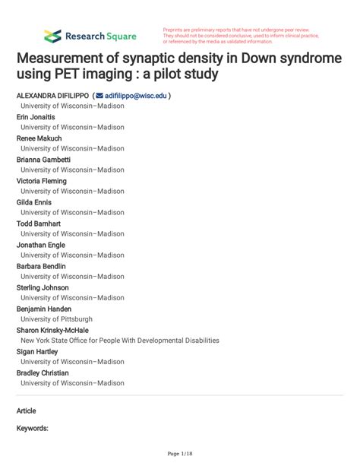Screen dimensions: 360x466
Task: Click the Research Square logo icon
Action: coord(52,36)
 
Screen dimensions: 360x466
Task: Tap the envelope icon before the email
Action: coord(99,97)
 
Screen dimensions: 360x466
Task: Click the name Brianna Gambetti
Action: coord(44,160)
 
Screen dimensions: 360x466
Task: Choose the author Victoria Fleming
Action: coord(42,182)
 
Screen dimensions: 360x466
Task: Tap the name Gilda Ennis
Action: coord(35,203)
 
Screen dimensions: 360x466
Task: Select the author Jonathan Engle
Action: coord(43,246)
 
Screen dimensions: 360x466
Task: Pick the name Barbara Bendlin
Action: coord(42,267)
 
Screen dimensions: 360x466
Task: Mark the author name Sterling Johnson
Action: coord(43,288)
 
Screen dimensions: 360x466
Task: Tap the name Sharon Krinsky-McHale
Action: coord(53,331)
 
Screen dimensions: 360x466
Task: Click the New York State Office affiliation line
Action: coord(120,341)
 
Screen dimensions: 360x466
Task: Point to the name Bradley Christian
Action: coord(43,373)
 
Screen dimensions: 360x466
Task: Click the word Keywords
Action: coord(33,429)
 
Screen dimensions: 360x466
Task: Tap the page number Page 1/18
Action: coord(180,454)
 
